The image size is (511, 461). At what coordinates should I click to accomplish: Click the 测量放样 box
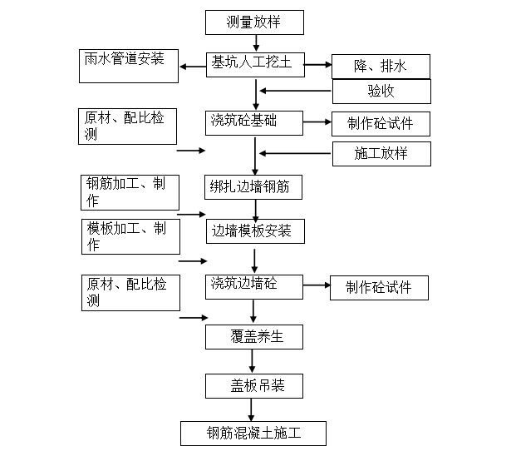[253, 21]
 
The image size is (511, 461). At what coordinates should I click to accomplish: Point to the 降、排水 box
[381, 66]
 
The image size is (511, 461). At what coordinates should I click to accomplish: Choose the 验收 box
[381, 91]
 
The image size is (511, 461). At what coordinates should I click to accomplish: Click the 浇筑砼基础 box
[254, 123]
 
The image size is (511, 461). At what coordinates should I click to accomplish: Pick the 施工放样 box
[381, 153]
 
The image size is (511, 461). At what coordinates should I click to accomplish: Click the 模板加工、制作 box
[130, 236]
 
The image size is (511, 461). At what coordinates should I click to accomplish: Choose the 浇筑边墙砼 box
[254, 285]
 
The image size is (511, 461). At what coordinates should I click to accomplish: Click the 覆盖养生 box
[254, 336]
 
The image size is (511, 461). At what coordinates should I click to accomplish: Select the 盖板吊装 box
[254, 385]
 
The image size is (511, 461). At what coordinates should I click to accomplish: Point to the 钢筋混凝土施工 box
[253, 434]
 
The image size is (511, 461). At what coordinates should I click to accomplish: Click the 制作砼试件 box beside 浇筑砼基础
[381, 125]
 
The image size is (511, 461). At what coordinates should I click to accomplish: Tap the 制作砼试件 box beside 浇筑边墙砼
[381, 288]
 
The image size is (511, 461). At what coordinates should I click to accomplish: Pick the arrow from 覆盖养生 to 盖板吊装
[253, 361]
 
